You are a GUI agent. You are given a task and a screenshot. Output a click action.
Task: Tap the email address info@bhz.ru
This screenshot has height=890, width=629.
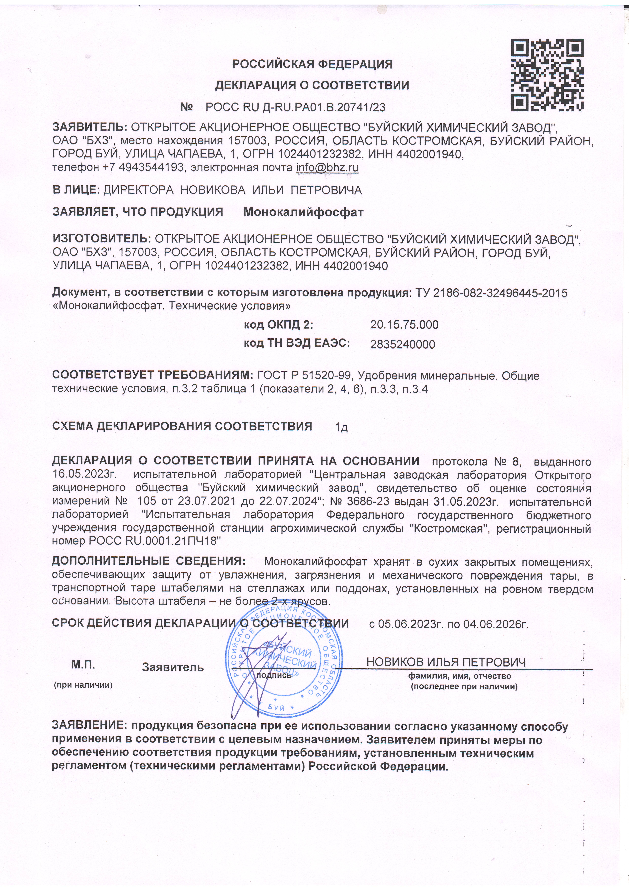tap(327, 168)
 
